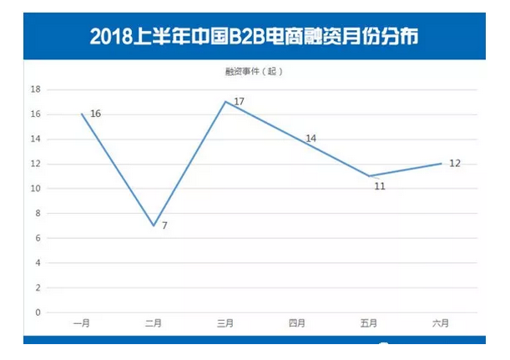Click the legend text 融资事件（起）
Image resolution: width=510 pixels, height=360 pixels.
coord(255,72)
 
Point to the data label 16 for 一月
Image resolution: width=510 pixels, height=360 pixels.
coord(95,113)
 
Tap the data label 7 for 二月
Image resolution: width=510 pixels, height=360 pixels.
coord(164,226)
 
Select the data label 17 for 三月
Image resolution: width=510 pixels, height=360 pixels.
coord(239,101)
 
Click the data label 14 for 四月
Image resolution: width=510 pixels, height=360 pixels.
coord(311,138)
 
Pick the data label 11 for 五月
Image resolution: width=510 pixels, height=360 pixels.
coord(380,186)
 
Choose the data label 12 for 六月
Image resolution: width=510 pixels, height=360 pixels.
coord(455,163)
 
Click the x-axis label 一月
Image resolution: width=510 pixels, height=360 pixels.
coord(82,323)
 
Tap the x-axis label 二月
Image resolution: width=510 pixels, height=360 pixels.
coord(154,323)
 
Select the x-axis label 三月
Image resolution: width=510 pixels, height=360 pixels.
coord(225,323)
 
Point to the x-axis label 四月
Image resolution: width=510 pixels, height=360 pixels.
coord(297,323)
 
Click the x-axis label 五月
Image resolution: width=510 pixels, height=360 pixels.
coord(369,323)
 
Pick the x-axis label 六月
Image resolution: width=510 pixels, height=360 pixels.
coord(441,323)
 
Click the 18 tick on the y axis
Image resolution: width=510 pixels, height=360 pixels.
coord(36,89)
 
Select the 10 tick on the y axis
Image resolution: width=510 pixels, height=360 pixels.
coord(36,188)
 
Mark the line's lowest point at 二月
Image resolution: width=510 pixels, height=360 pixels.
coord(154,226)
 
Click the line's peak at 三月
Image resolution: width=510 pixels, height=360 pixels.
coord(225,101)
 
